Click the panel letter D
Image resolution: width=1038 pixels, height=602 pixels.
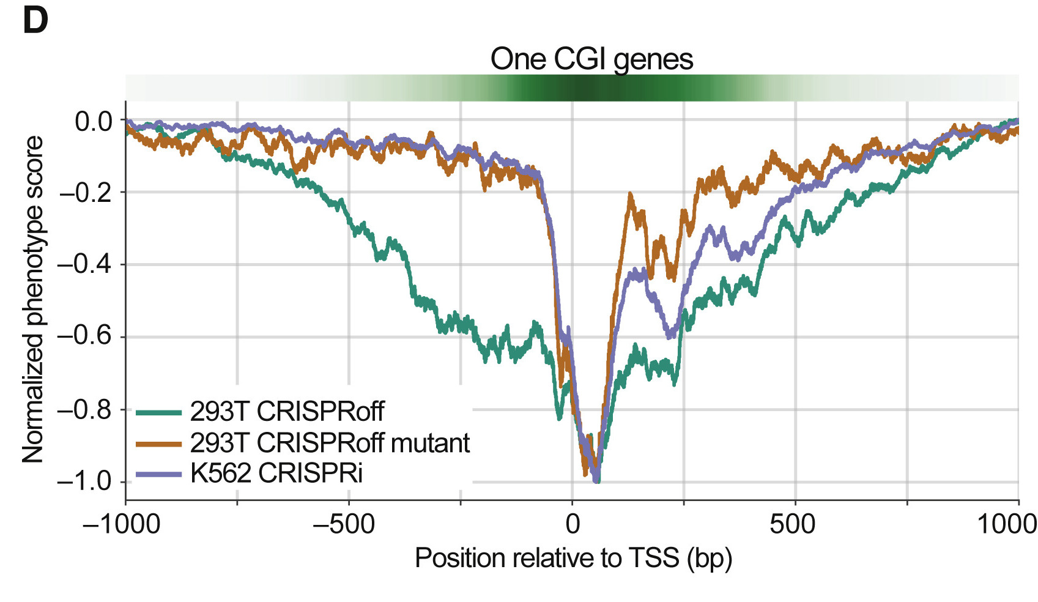[35, 20]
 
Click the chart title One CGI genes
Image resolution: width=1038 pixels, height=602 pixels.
[591, 59]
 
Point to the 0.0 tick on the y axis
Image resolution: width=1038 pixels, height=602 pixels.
[94, 121]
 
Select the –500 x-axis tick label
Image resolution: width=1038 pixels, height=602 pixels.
[344, 524]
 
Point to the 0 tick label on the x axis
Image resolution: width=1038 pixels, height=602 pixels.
[573, 524]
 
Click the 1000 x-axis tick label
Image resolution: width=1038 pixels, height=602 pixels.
[1006, 524]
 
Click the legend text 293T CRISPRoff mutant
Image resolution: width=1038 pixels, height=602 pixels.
[330, 442]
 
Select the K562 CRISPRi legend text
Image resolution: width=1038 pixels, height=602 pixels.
[276, 473]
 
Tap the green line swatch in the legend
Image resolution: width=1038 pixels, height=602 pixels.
[158, 412]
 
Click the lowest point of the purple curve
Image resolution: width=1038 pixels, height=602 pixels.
[596, 481]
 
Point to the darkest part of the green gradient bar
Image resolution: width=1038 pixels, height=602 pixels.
[581, 88]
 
